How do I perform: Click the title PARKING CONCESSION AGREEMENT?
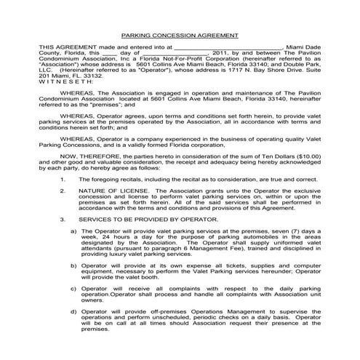[x=179, y=35]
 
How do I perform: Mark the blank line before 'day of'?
[x=108, y=53]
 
